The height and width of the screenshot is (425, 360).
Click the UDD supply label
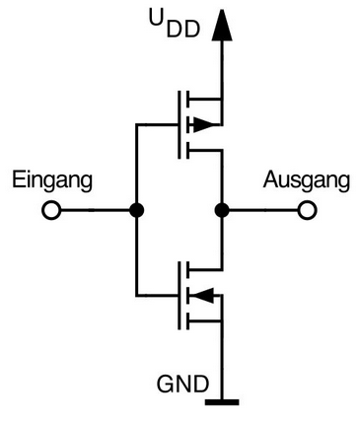coord(175,23)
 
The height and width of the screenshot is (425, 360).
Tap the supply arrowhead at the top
coord(222,26)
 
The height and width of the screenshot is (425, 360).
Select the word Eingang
coord(52,180)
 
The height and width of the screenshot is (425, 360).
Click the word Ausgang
coord(306,180)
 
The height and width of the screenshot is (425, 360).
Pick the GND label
coord(182,384)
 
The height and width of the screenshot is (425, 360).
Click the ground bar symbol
coord(222,402)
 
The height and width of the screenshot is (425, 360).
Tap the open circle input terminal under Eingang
coord(51,210)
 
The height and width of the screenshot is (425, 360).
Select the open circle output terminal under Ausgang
coord(307,210)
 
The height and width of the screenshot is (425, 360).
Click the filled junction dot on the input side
coord(136,210)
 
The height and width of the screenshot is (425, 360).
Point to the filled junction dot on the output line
coord(222,210)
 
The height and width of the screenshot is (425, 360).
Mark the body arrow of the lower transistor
coord(202,295)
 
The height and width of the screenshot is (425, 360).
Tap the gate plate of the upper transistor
coord(180,125)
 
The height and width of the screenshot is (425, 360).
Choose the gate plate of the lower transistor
coord(180,295)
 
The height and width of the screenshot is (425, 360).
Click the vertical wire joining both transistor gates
coord(136,210)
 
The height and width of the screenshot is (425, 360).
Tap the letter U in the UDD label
coord(157,18)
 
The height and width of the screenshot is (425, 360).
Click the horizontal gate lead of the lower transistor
coord(157,295)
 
